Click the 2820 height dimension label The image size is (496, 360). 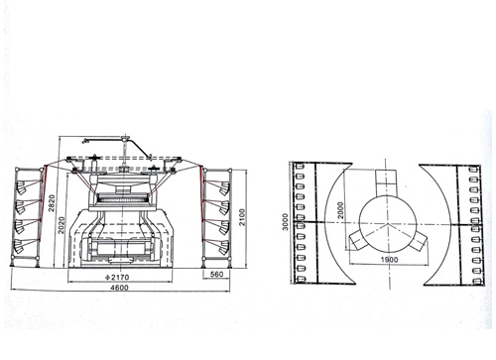(52, 203)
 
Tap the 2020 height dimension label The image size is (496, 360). (62, 225)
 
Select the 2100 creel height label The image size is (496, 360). (242, 217)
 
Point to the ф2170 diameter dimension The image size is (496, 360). (117, 277)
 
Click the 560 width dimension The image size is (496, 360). (216, 274)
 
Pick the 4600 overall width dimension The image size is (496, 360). (119, 288)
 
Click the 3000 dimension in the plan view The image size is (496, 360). (286, 222)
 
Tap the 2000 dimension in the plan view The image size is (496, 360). (340, 210)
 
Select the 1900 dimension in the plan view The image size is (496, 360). (389, 260)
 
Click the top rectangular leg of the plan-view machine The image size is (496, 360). (386, 182)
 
